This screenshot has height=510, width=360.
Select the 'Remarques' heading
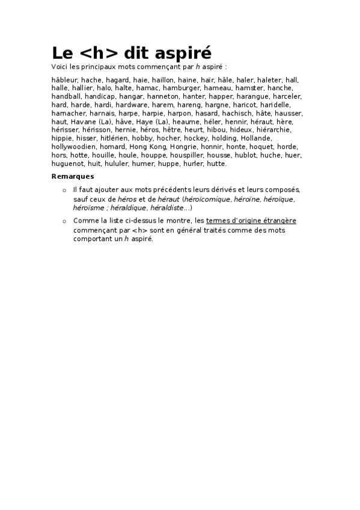point(73,176)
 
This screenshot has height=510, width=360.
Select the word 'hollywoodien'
point(73,147)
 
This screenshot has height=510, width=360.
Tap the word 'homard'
point(112,147)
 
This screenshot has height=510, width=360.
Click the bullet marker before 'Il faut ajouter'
point(64,190)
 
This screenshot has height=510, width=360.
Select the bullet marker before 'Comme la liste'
point(64,221)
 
